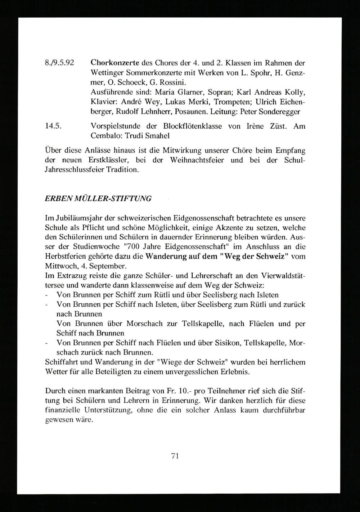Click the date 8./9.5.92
59,63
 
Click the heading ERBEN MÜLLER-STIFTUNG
98,199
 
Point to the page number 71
175,455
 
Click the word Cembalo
103,136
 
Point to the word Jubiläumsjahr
76,218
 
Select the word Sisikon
227,343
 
